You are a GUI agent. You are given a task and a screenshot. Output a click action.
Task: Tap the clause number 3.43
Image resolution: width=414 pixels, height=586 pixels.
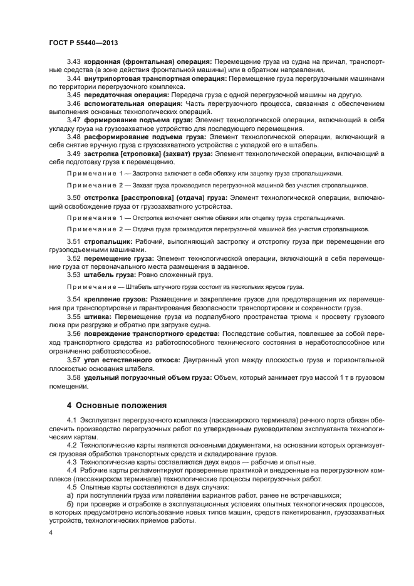pyautogui.click(x=75, y=61)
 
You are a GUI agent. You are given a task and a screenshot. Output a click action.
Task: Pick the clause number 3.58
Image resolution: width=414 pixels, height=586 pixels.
pyautogui.click(x=75, y=377)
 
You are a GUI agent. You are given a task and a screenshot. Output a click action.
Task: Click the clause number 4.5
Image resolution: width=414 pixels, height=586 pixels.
pyautogui.click(x=73, y=486)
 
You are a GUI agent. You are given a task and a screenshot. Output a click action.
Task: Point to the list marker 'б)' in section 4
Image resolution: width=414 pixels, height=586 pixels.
pyautogui.click(x=70, y=503)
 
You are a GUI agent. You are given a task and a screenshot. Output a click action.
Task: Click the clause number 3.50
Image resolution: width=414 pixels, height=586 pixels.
pyautogui.click(x=75, y=197)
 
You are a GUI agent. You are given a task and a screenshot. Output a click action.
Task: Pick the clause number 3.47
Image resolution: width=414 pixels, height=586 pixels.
pyautogui.click(x=75, y=119)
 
